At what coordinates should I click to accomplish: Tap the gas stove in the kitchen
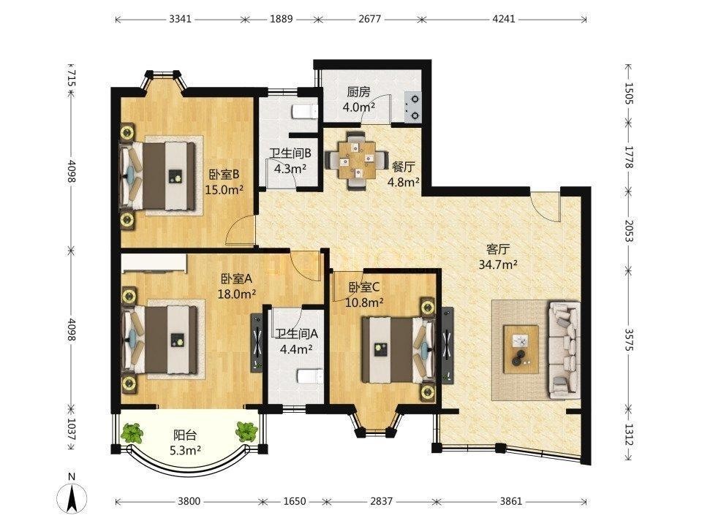click(x=412, y=107)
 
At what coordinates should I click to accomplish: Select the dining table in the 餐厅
click(x=356, y=159)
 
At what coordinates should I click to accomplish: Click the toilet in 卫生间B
click(x=305, y=112)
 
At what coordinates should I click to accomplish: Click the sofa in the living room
click(x=564, y=350)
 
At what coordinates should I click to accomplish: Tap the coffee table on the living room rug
click(x=521, y=349)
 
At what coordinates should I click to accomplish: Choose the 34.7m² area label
click(x=498, y=264)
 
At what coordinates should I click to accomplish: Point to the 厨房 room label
click(x=358, y=92)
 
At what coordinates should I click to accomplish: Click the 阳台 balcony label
click(x=185, y=435)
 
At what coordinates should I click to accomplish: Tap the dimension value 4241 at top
click(x=504, y=19)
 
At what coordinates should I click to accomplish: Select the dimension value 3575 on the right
click(x=629, y=340)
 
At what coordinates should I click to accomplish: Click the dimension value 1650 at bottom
click(x=294, y=501)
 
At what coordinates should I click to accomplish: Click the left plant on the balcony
click(x=132, y=433)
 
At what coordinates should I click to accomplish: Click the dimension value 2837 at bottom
click(x=382, y=501)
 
